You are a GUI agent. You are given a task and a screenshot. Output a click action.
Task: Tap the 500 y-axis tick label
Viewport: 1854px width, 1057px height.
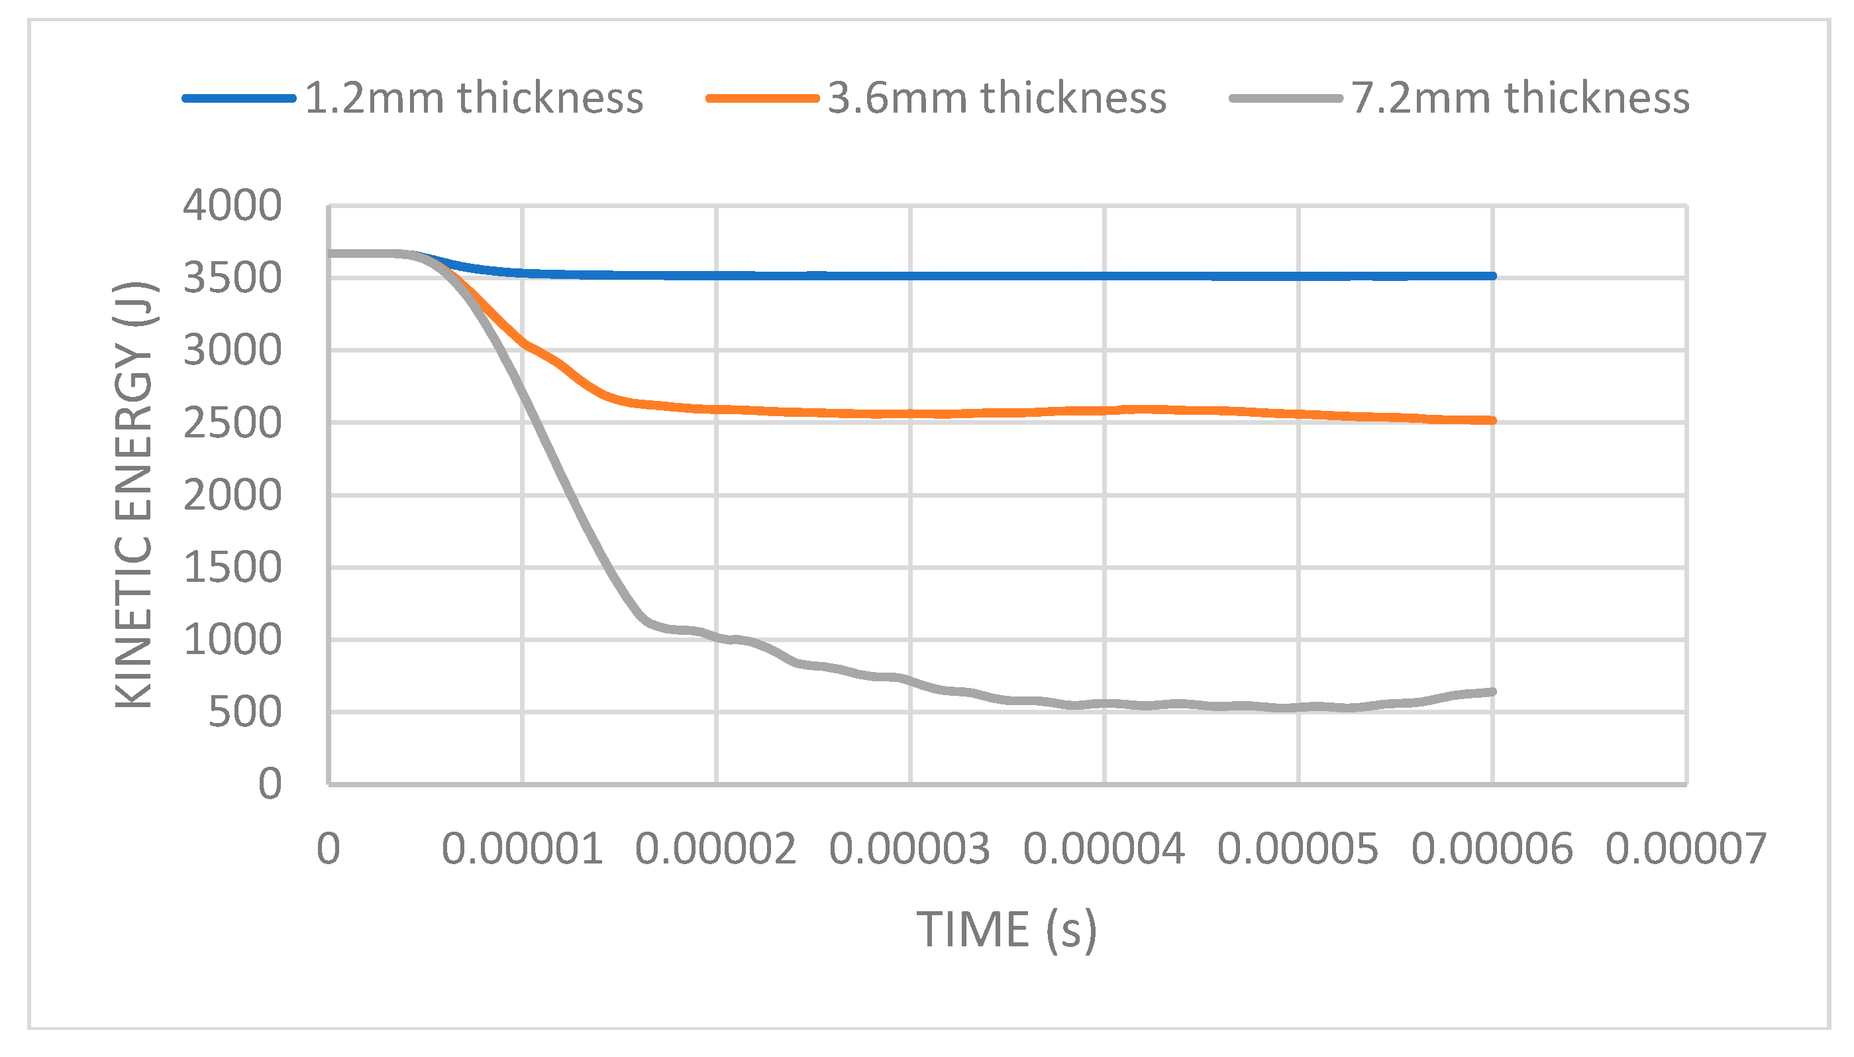(244, 712)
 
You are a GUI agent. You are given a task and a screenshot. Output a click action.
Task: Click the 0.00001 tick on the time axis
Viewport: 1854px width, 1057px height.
(522, 848)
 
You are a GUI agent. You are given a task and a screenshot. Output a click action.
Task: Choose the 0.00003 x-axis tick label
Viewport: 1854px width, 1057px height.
(909, 848)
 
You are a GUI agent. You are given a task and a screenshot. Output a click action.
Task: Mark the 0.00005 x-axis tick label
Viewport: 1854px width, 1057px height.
(1298, 848)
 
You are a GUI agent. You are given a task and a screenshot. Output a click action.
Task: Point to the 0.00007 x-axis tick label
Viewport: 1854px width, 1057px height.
(1686, 848)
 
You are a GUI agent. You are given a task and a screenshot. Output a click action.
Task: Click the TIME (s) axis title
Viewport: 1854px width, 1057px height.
(1006, 929)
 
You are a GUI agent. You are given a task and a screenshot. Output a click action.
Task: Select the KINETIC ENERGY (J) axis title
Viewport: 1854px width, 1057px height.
(134, 494)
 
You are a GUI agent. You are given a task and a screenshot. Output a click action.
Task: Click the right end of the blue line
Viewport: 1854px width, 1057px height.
(1492, 276)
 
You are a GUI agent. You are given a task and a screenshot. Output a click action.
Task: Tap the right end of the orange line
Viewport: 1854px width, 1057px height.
(1492, 420)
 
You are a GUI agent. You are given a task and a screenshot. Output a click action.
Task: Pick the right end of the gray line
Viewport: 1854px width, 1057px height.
(1492, 692)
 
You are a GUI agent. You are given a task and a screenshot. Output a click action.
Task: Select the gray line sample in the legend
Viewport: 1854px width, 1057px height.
(1285, 98)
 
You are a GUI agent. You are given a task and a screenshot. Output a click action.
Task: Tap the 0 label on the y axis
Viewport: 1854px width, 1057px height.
(270, 785)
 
